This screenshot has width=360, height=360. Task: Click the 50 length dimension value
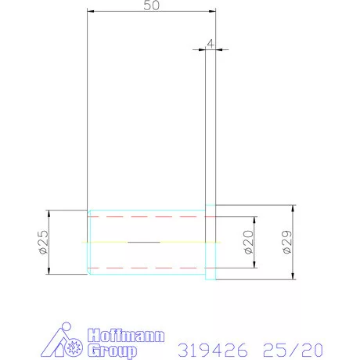pos(151,5)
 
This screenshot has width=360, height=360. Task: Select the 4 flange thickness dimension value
pos(211,44)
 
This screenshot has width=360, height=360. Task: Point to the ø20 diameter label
pos(249,242)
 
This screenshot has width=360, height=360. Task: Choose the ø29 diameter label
pos(287,242)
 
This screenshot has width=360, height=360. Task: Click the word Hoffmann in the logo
pos(126,336)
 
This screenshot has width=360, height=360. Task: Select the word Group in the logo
pos(112,351)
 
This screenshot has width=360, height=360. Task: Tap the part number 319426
pos(213,350)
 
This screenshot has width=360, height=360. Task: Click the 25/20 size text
pos(293,350)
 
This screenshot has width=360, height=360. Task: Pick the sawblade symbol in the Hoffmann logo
pos(74,347)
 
